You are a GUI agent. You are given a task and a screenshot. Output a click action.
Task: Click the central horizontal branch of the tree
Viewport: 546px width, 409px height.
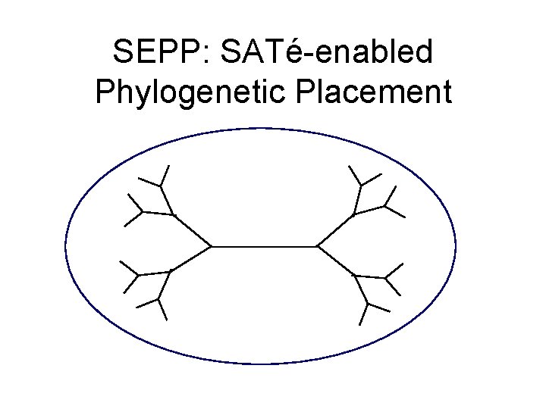(x=263, y=246)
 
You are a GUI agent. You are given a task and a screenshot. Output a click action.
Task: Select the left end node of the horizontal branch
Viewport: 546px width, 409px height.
(x=212, y=246)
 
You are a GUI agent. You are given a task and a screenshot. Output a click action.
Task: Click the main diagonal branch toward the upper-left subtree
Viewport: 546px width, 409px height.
(x=193, y=231)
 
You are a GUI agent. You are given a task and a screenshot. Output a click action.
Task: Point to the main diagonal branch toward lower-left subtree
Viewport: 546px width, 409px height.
(x=192, y=258)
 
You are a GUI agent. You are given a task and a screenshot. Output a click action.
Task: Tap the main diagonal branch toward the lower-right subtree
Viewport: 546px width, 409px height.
(x=335, y=261)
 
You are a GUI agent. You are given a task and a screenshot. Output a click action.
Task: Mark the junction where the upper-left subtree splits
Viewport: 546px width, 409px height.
(x=175, y=216)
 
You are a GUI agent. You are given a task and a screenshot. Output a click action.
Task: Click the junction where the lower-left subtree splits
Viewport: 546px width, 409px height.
(x=171, y=270)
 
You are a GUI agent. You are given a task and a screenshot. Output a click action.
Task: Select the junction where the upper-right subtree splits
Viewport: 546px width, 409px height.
(x=353, y=214)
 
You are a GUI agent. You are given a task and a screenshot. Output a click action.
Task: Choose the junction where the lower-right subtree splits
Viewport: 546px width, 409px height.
(x=355, y=276)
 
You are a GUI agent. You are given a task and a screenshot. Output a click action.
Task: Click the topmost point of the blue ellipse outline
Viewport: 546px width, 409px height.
(x=260, y=128)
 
